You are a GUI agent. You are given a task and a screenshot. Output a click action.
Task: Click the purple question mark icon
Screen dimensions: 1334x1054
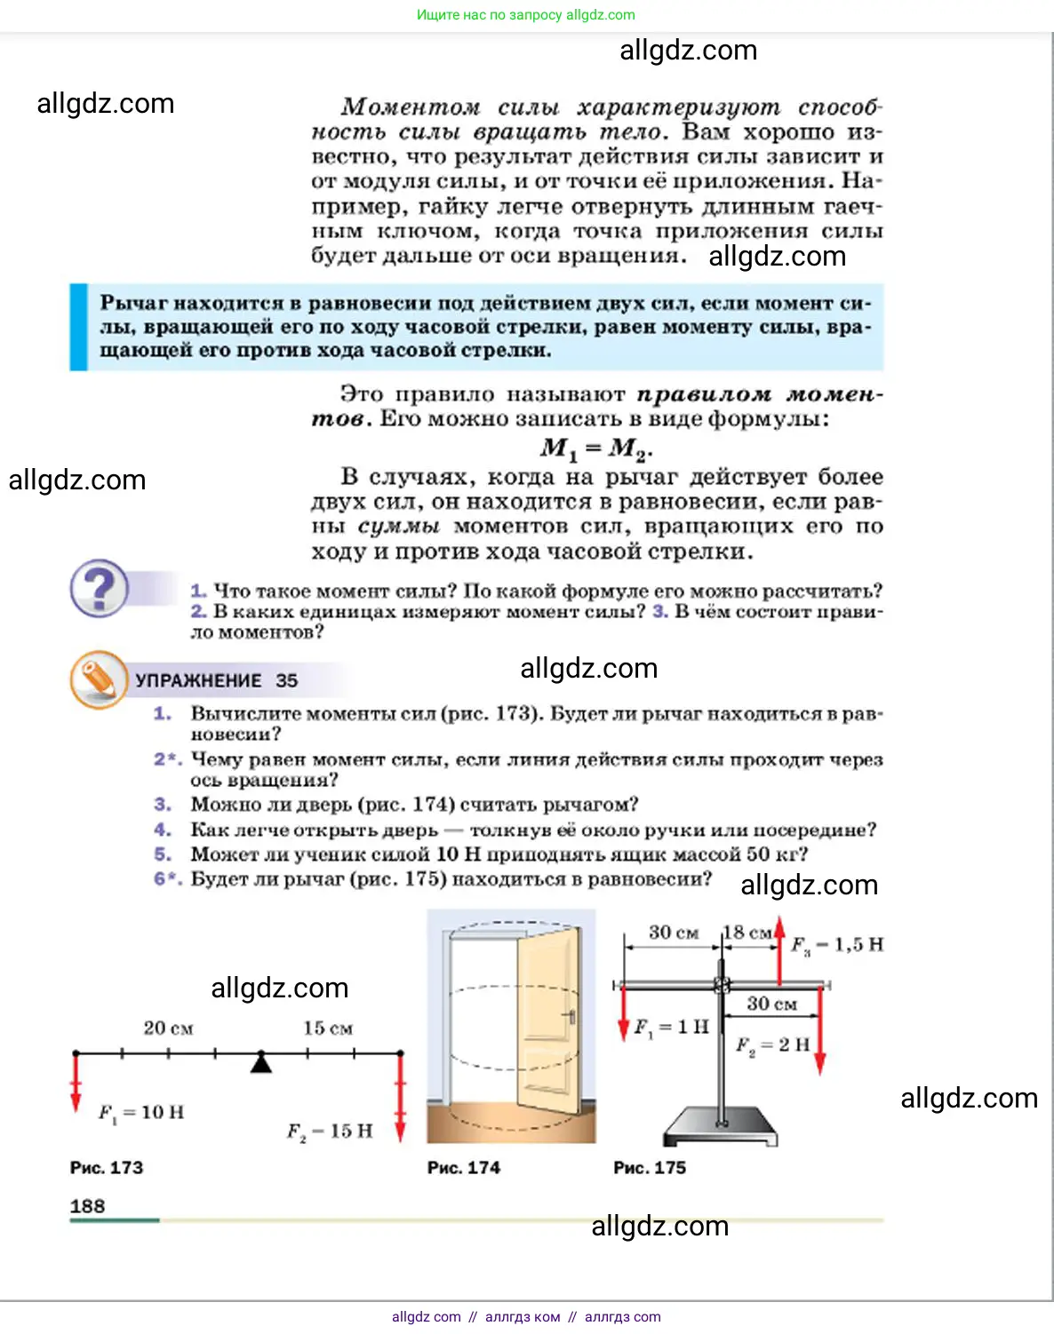100,588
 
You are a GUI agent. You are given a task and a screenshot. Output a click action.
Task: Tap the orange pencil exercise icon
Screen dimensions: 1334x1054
98,679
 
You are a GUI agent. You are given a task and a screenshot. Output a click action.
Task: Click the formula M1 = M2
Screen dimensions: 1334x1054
596,449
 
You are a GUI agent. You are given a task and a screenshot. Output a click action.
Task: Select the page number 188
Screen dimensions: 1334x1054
87,1206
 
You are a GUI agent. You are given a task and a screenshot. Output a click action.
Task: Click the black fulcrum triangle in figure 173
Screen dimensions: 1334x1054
260,1062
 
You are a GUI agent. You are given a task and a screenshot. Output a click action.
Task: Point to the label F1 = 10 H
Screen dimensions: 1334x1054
141,1112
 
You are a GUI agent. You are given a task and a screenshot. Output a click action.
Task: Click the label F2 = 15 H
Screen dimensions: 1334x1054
330,1132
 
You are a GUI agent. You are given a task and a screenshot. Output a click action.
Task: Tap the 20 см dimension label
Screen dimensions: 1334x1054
168,1028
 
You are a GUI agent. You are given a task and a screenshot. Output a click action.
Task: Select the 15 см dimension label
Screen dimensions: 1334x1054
328,1028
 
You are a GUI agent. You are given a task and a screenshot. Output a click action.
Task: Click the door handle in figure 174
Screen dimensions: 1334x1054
569,1015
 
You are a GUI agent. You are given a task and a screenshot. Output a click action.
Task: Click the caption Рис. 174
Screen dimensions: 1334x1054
464,1168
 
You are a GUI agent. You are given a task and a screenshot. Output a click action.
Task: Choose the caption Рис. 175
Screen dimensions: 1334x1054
650,1168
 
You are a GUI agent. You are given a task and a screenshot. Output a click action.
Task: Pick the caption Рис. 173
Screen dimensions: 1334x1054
107,1168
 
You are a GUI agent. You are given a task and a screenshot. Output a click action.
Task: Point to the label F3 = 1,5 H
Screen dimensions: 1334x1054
837,945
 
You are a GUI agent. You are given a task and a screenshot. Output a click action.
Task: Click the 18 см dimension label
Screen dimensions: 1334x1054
747,933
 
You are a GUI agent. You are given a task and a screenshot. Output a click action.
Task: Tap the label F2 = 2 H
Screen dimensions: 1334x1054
772,1044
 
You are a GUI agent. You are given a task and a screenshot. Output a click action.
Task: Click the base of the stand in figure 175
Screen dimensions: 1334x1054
720,1126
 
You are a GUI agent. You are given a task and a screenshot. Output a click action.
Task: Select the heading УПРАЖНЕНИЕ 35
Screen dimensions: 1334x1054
216,681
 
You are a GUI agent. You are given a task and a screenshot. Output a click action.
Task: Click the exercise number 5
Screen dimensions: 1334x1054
162,854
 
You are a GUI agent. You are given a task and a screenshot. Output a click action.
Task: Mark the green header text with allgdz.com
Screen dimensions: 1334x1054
526,15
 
